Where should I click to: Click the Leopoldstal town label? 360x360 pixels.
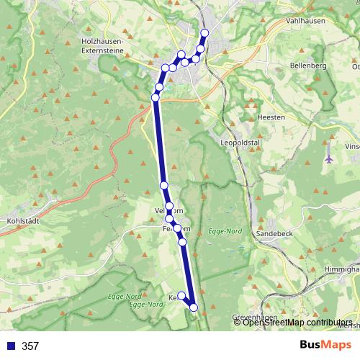(241, 143)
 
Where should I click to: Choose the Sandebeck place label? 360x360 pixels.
(274, 234)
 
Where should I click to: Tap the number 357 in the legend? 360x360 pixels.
(30, 346)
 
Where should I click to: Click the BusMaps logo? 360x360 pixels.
(322, 346)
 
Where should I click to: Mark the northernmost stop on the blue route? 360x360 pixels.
(204, 33)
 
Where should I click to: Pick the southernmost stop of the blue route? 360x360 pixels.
(194, 307)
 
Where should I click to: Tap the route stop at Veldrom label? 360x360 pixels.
(169, 207)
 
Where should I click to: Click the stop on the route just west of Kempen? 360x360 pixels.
(181, 295)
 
